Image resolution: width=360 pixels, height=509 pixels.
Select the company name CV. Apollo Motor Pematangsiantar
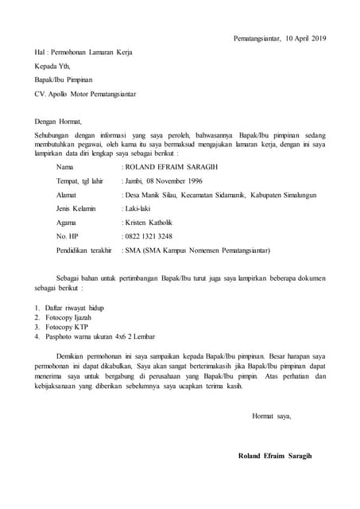click(x=85, y=94)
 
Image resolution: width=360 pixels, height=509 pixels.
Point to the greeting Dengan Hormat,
click(x=60, y=121)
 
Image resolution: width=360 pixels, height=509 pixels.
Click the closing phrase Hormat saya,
click(x=271, y=416)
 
